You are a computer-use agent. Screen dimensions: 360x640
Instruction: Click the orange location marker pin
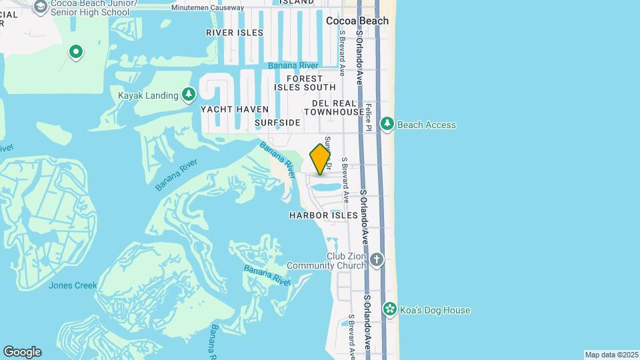[x=321, y=159]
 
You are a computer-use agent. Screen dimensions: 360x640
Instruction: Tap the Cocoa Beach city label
[x=357, y=21]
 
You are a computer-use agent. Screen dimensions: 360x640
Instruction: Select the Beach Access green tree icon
[x=387, y=124]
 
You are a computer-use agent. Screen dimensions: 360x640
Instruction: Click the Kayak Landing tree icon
[x=189, y=95]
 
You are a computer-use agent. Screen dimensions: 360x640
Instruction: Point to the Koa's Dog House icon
[x=389, y=309]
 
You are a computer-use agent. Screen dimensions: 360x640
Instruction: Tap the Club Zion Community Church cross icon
[x=377, y=259]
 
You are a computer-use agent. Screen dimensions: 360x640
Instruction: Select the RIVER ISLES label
[x=235, y=33]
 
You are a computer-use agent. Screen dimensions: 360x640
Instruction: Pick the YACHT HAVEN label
[x=235, y=109]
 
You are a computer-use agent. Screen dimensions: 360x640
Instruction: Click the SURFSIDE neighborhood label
[x=277, y=123]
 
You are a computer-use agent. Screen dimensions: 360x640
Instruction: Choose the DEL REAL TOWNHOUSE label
[x=339, y=108]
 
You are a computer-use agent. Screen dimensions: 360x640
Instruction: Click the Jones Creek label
[x=73, y=285]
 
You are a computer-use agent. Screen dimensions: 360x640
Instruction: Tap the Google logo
[x=22, y=352]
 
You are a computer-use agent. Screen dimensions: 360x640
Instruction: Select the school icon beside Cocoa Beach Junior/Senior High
[x=41, y=7]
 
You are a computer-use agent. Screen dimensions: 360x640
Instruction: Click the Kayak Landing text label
[x=148, y=95]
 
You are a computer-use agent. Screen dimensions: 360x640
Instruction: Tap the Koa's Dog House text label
[x=435, y=310]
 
